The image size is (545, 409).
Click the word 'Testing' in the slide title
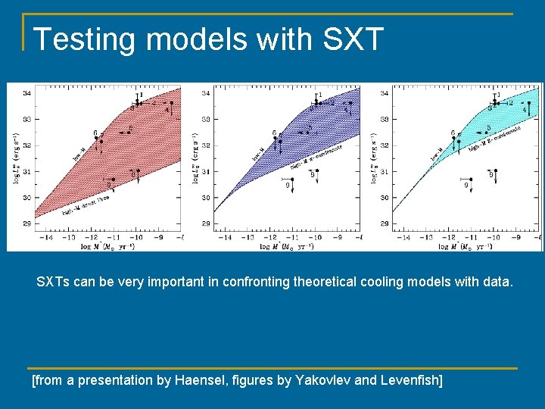point(81,39)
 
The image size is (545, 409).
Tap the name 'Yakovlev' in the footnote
point(320,379)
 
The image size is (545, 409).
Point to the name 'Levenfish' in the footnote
point(406,379)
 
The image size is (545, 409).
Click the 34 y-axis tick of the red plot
point(27,93)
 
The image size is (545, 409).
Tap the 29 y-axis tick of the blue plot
point(206,224)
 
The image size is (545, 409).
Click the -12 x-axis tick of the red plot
point(73,237)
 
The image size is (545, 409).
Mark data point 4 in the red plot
point(167,109)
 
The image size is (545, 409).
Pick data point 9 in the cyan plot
point(466,185)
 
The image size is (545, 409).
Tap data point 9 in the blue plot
point(288,185)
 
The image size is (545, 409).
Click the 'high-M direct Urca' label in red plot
point(85,203)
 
